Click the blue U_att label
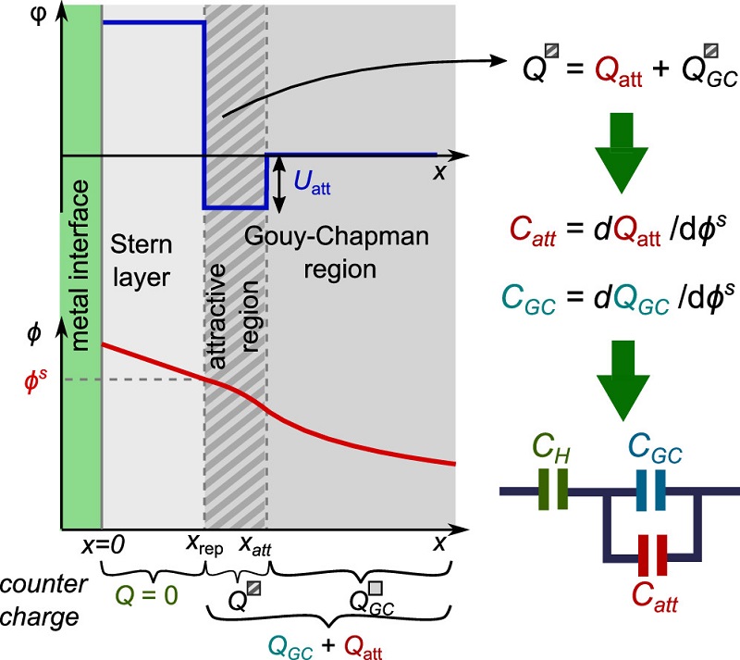tap(312, 182)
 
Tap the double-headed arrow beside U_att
tap(279, 184)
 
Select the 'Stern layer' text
tap(142, 261)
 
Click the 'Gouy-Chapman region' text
tap(337, 253)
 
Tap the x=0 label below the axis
tap(103, 545)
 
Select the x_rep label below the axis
tap(204, 545)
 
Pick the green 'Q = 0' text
tap(147, 595)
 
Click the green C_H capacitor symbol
tap(553, 489)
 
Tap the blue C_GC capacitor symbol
tap(651, 490)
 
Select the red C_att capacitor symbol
tap(653, 555)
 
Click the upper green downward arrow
tap(622, 153)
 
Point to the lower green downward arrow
tap(623, 380)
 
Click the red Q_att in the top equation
tap(618, 71)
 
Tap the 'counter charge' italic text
tap(43, 600)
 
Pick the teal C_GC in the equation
tap(528, 299)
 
